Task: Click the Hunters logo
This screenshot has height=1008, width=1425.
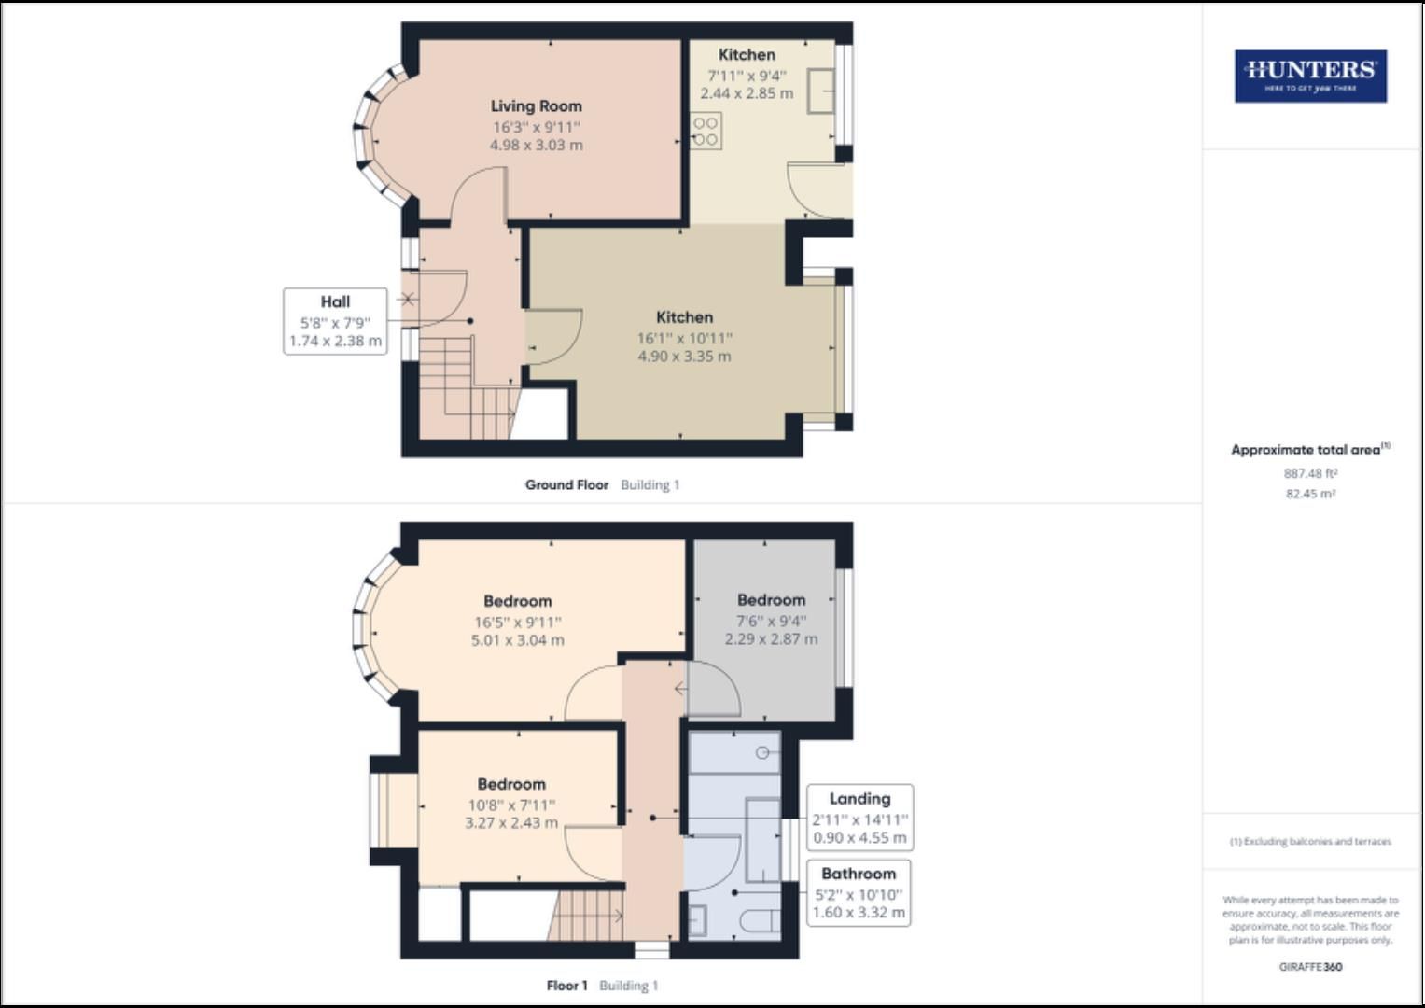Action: pyautogui.click(x=1310, y=76)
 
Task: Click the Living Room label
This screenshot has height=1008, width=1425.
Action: pyautogui.click(x=536, y=106)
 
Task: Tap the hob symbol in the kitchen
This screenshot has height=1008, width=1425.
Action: pyautogui.click(x=706, y=131)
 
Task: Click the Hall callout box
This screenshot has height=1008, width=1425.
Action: pyautogui.click(x=335, y=321)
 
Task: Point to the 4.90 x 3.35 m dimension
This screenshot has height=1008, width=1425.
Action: pyautogui.click(x=684, y=357)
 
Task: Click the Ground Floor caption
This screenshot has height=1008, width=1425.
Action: pyautogui.click(x=566, y=485)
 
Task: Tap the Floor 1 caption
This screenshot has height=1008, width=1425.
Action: pyautogui.click(x=566, y=986)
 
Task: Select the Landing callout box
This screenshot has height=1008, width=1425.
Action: pyautogui.click(x=859, y=818)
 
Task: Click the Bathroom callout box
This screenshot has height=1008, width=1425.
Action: pyautogui.click(x=859, y=893)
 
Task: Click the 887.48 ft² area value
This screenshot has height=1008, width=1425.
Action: pyautogui.click(x=1310, y=473)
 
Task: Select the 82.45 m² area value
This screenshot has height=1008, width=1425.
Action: pyautogui.click(x=1310, y=494)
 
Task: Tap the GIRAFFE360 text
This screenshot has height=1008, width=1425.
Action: pyautogui.click(x=1310, y=967)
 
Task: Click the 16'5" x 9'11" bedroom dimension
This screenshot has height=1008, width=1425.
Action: pyautogui.click(x=517, y=622)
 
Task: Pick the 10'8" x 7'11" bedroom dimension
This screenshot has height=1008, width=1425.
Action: pyautogui.click(x=511, y=805)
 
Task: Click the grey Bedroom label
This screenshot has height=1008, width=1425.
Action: pyautogui.click(x=771, y=600)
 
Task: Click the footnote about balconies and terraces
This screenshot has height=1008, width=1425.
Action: pyautogui.click(x=1310, y=841)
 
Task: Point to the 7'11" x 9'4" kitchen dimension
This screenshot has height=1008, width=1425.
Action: pyautogui.click(x=747, y=76)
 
